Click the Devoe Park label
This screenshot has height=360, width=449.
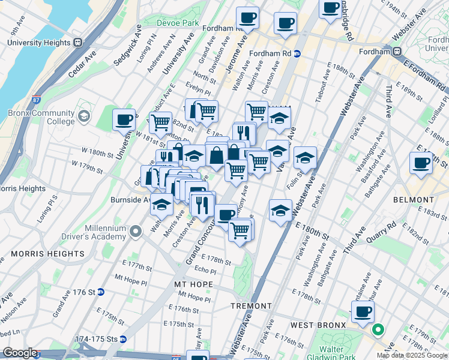[x=177, y=23]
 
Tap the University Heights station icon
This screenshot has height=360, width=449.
[x=77, y=43]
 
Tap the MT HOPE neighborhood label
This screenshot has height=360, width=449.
[x=190, y=283]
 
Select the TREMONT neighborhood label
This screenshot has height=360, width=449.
[x=252, y=306]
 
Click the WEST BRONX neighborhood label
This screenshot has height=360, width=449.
[x=318, y=325]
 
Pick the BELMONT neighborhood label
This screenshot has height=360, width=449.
[x=413, y=199]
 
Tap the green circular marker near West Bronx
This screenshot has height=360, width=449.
[x=378, y=329]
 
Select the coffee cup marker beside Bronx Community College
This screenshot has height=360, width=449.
[x=124, y=119]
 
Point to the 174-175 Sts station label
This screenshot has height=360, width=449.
[x=95, y=339]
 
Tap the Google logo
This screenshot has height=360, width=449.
[x=20, y=353]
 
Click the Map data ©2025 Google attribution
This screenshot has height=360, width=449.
[x=412, y=355]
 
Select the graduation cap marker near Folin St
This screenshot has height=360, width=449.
[x=305, y=158]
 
